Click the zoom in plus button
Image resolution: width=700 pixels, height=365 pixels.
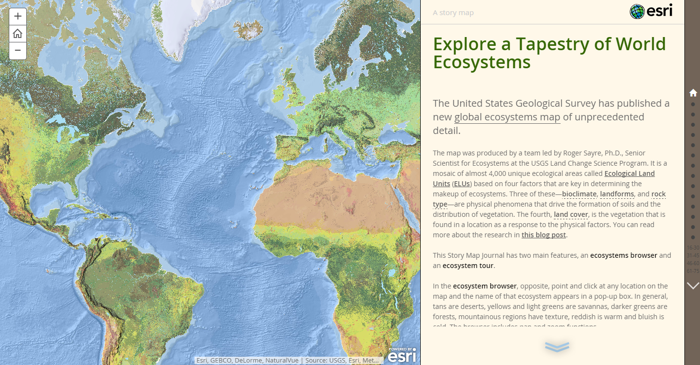pos(18,16)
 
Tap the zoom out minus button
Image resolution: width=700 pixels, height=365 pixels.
pos(18,50)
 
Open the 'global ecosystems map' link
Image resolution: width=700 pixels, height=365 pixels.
pos(507,117)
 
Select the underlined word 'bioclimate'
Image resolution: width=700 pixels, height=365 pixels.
pos(579,194)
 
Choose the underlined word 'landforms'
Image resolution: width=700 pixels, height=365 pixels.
pos(617,194)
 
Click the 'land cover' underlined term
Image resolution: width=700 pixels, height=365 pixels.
pos(571,214)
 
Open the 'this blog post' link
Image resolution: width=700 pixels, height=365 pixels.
pos(544,235)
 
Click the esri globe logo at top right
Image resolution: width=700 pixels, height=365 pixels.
pos(651,11)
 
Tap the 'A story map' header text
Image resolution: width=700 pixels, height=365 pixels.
pos(453,13)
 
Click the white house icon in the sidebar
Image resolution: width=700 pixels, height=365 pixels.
pos(693,93)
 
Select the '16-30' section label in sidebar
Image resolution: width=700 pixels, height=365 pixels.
pos(693,248)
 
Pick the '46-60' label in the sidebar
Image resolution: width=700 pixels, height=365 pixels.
pos(693,263)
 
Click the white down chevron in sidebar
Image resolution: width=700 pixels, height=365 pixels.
pos(693,286)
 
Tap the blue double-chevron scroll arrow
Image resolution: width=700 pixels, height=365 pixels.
pos(557,346)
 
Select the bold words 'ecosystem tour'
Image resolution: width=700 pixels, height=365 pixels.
pos(468,266)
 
